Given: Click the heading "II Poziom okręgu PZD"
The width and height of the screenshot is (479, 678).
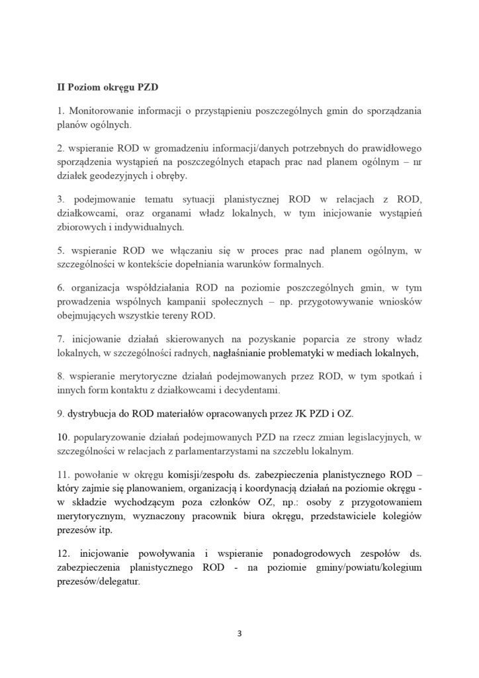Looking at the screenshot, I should click(x=107, y=86).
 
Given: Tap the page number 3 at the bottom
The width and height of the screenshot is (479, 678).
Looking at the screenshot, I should click(x=239, y=633).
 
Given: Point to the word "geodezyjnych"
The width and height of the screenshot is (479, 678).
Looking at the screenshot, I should click(x=120, y=175).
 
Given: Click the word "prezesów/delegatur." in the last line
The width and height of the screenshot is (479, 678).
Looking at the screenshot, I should click(x=99, y=580).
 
